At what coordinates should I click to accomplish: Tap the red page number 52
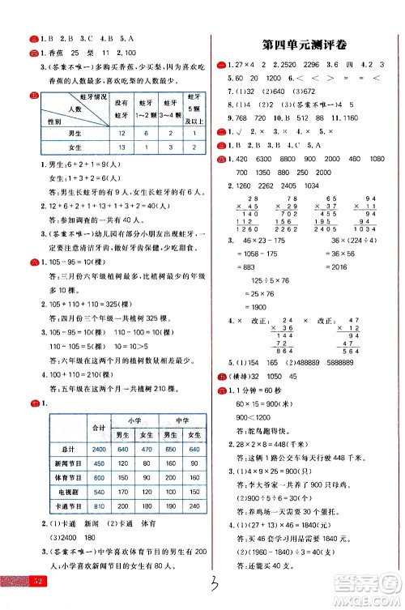tap(15, 602)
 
